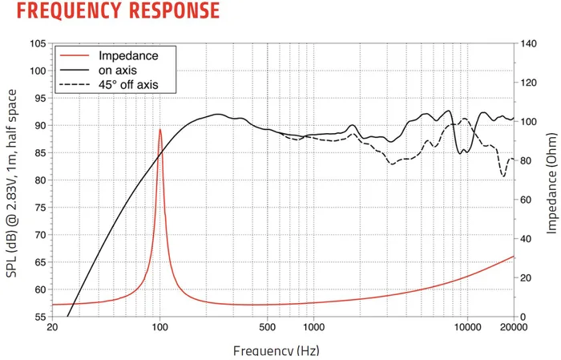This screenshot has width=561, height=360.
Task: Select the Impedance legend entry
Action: pyautogui.click(x=128, y=56)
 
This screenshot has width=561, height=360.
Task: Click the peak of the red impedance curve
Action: pyautogui.click(x=160, y=129)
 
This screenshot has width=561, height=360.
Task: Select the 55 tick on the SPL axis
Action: pyautogui.click(x=38, y=317)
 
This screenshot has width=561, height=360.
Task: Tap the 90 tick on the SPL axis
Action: pyautogui.click(x=38, y=125)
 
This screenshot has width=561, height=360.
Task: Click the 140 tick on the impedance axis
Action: pyautogui.click(x=531, y=43)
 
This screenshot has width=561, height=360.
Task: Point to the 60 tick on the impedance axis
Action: pyautogui.click(x=529, y=200)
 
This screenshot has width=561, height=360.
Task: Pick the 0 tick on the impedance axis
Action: pyautogui.click(x=526, y=317)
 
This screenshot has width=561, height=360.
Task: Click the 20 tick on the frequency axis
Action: pyautogui.click(x=53, y=328)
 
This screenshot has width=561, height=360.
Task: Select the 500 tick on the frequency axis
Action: pyautogui.click(x=267, y=328)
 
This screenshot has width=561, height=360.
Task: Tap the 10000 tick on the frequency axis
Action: pyautogui.click(x=466, y=328)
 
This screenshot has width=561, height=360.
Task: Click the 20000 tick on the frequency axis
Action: pyautogui.click(x=513, y=328)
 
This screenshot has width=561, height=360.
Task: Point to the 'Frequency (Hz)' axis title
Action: pyautogui.click(x=276, y=351)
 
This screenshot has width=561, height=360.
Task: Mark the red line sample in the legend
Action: pyautogui.click(x=75, y=56)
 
